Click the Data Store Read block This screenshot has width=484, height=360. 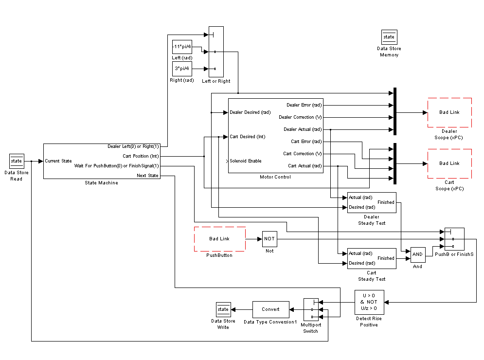pyautogui.click(x=17, y=161)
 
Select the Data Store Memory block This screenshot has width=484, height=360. pyautogui.click(x=389, y=37)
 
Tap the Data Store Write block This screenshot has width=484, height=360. pyautogui.click(x=223, y=309)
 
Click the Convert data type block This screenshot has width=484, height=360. pyautogui.click(x=270, y=309)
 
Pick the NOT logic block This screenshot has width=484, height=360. pyautogui.click(x=269, y=239)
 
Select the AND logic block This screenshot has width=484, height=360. pyautogui.click(x=417, y=254)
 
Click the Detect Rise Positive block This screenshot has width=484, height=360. pyautogui.click(x=369, y=302)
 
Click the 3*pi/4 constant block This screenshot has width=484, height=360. pyautogui.click(x=182, y=69)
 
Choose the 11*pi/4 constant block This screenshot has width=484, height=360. pyautogui.click(x=182, y=47)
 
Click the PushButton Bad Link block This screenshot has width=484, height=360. pyautogui.click(x=219, y=239)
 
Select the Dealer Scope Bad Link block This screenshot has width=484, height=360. pyautogui.click(x=449, y=112)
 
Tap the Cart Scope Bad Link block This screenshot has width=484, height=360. pyautogui.click(x=449, y=163)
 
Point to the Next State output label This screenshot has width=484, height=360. pyautogui.click(x=147, y=176)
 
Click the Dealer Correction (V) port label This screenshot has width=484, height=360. pyautogui.click(x=300, y=117)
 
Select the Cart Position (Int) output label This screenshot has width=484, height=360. pyautogui.click(x=141, y=156)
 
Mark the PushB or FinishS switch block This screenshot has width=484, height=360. pyautogui.click(x=454, y=239)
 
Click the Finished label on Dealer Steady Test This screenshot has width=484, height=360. pyautogui.click(x=386, y=202)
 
